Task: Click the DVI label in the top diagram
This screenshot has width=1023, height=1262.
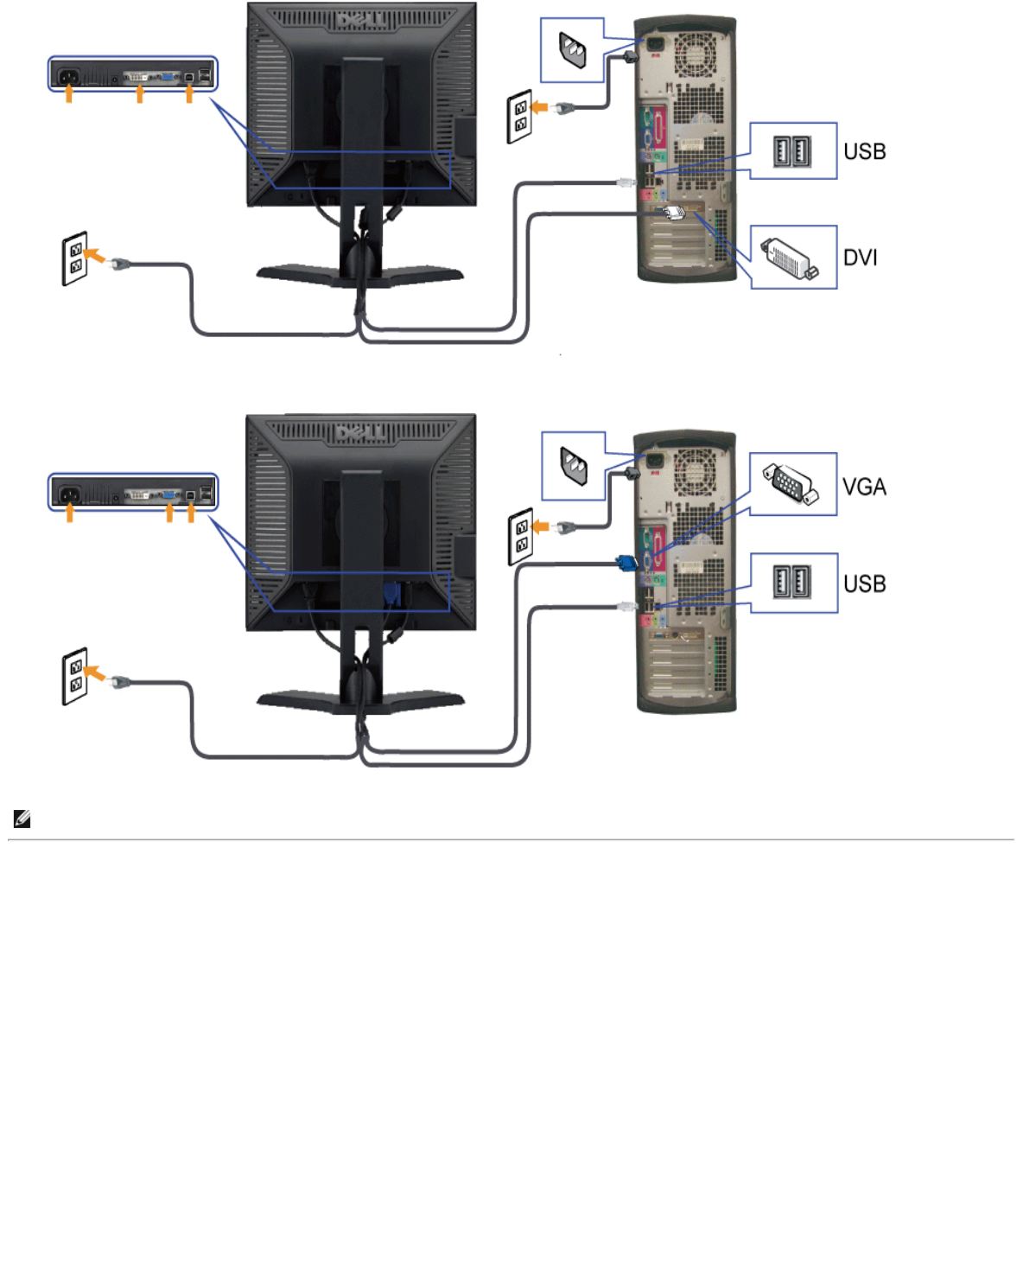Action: [860, 258]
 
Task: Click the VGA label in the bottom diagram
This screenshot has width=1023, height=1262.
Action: [864, 487]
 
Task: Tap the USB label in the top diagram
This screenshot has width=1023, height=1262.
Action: [864, 151]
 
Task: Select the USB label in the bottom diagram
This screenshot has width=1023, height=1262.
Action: [864, 583]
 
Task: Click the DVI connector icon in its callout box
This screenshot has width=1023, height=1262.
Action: [790, 258]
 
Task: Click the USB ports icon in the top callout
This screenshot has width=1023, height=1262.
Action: [791, 152]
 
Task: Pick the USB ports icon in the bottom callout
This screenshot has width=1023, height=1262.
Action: [791, 583]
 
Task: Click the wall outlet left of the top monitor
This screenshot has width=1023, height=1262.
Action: [75, 258]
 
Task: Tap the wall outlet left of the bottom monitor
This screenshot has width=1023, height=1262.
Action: [75, 677]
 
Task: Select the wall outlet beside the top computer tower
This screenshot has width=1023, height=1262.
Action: [519, 117]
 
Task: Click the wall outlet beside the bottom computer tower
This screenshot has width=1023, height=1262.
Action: [520, 536]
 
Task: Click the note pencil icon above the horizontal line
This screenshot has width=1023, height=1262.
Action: [22, 819]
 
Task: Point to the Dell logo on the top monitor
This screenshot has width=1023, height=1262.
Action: [361, 19]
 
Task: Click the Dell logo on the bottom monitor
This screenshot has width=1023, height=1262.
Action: [361, 430]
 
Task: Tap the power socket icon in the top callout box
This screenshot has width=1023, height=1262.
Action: [572, 51]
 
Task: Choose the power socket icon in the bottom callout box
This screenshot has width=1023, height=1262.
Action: [573, 466]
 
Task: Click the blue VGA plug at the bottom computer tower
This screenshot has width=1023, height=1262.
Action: [626, 564]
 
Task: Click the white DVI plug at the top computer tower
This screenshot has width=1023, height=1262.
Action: [671, 211]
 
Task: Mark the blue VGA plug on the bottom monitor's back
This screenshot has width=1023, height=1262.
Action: [391, 595]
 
